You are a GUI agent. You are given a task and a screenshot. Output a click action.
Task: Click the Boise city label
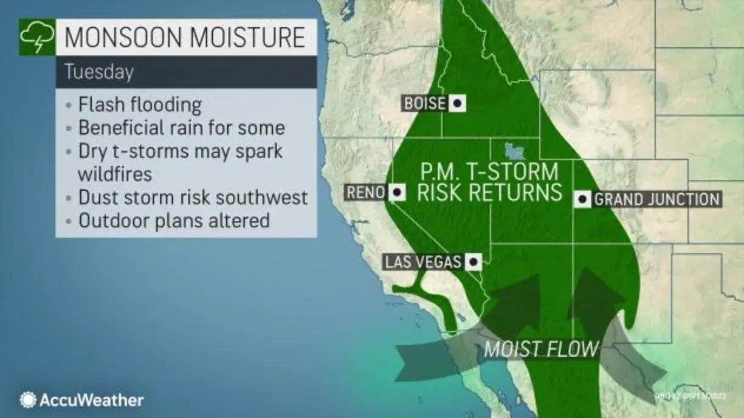(x=424, y=104)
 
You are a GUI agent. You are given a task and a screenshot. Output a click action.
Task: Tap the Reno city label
(x=366, y=193)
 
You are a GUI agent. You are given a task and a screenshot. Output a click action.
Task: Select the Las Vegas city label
(x=423, y=262)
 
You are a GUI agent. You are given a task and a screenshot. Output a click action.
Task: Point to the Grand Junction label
(x=656, y=199)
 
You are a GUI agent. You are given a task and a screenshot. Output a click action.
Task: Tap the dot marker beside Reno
(x=398, y=193)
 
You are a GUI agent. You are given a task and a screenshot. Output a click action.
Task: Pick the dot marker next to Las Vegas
(x=473, y=262)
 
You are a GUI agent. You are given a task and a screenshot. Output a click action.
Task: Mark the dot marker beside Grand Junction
(x=582, y=199)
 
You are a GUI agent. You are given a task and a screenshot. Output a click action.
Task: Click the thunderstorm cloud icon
(x=36, y=38)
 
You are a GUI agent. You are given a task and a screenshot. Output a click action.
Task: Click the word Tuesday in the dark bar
(x=98, y=72)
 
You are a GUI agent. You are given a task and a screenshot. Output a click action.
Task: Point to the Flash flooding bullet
(x=140, y=104)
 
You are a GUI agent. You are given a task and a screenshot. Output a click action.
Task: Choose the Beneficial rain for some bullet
(x=181, y=128)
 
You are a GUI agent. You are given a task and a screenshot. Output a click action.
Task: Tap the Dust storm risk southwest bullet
(x=193, y=197)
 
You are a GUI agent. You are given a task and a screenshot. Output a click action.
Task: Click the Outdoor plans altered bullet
(x=174, y=220)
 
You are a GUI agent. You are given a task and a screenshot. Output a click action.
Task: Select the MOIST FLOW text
(x=541, y=349)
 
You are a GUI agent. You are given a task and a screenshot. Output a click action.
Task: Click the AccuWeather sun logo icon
(x=28, y=400)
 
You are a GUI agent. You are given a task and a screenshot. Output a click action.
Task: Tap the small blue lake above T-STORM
(x=514, y=149)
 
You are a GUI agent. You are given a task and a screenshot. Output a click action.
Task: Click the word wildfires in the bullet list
(x=115, y=174)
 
